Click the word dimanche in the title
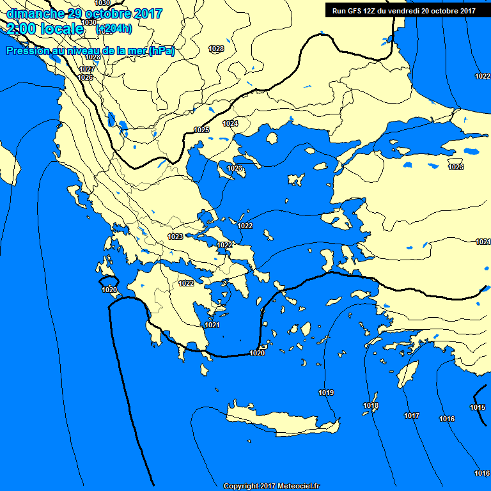(x=33, y=13)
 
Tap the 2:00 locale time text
(x=45, y=29)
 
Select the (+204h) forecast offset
(x=114, y=29)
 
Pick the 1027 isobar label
(x=87, y=69)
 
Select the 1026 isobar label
(x=85, y=77)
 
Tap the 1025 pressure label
(x=201, y=130)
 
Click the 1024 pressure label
(x=230, y=123)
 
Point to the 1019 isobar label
(x=326, y=392)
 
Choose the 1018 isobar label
(x=371, y=405)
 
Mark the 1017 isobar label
(x=412, y=416)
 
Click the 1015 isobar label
(x=478, y=407)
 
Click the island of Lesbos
(x=338, y=221)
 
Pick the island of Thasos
(x=272, y=138)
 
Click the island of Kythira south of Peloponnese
(x=204, y=370)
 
